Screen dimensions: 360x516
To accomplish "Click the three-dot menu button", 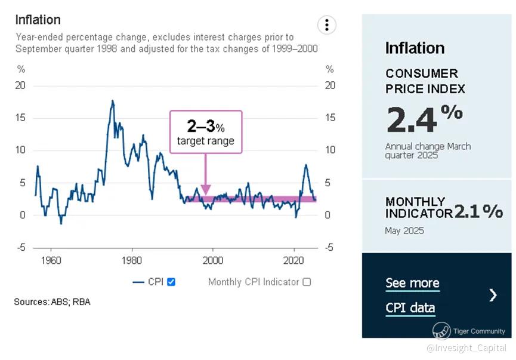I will coord(326,25).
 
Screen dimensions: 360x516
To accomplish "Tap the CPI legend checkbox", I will coord(171,282).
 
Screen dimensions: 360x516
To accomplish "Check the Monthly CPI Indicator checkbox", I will coord(307,282).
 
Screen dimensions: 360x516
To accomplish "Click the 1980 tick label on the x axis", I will coord(132,260).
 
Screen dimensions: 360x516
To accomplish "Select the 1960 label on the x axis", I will coord(51,260).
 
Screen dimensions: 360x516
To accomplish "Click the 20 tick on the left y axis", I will coord(21,85).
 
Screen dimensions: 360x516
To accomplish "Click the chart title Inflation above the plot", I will coord(38,20).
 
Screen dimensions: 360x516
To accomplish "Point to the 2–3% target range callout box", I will coord(206,132).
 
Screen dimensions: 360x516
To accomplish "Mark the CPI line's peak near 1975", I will coord(112,101).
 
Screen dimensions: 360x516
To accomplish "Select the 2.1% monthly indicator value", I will coord(478,211).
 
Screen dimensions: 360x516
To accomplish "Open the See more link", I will coord(412,283).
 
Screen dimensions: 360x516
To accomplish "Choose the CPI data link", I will coord(410,308).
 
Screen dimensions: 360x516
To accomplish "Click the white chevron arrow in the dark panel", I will coord(493,295).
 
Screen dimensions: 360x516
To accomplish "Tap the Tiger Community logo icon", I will coord(441,330).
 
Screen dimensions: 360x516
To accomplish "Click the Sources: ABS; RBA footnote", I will coord(52,302).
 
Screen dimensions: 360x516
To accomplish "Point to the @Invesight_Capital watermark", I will coord(466,348).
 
